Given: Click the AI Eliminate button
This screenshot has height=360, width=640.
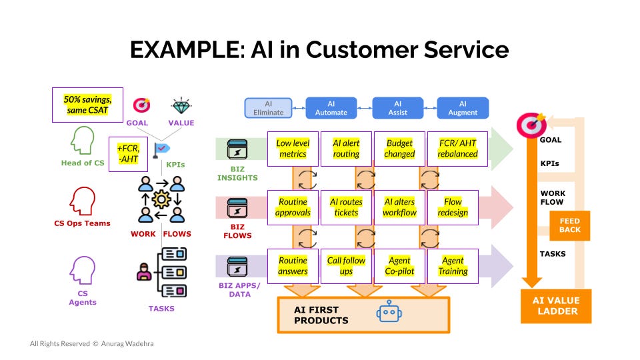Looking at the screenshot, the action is [x=268, y=108].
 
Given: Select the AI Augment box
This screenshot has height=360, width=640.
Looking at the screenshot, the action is [x=463, y=108].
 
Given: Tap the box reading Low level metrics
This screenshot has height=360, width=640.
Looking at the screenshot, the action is [x=293, y=149].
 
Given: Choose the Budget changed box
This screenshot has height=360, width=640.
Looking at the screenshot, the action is [x=399, y=149].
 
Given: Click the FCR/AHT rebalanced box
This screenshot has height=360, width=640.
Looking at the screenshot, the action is [x=457, y=149].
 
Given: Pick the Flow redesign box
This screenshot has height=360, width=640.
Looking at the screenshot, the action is [x=453, y=207].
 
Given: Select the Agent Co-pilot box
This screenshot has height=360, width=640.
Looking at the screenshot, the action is [x=399, y=266].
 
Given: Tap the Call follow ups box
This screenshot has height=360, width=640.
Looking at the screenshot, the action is [x=346, y=266].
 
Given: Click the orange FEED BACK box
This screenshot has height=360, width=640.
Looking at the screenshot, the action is [x=570, y=226].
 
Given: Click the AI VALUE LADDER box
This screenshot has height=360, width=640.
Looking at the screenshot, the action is [x=556, y=306].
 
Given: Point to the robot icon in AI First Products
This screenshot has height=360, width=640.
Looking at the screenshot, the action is [x=389, y=312].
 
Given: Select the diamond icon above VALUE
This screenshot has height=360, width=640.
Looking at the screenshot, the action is [x=181, y=106].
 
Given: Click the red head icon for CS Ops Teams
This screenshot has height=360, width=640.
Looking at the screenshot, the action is [x=83, y=201].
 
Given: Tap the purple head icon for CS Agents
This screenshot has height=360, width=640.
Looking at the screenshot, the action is [x=83, y=270].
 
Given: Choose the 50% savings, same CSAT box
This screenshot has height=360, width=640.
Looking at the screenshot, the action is [x=87, y=105].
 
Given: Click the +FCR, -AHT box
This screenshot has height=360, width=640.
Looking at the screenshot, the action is [x=128, y=154].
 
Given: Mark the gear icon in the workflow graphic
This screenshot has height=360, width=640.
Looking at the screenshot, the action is [x=161, y=199].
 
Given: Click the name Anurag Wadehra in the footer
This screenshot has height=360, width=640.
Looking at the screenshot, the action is [x=127, y=344].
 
